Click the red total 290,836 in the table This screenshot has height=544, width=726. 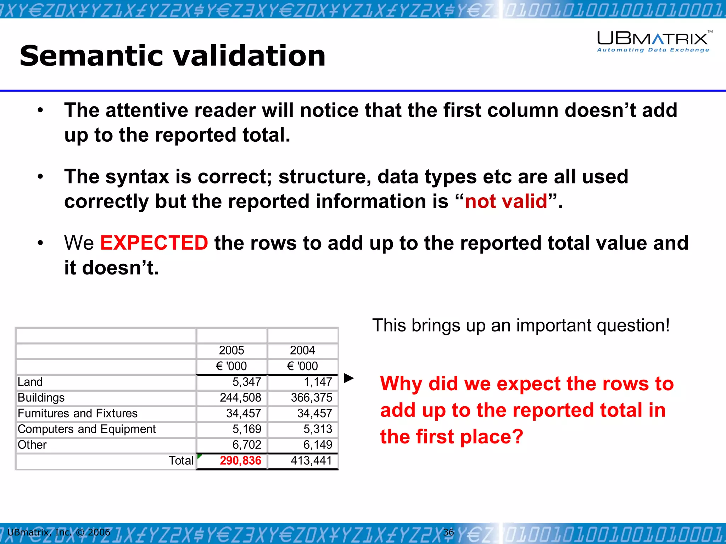240,460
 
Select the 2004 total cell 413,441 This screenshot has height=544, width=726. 311,460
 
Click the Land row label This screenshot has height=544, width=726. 30,382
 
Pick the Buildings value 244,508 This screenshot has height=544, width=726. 240,397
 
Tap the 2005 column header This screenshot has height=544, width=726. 231,350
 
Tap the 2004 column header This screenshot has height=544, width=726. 302,350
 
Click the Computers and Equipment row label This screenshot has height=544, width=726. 86,429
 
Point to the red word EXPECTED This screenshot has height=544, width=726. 154,243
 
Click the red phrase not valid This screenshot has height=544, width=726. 506,201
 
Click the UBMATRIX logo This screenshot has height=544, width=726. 652,38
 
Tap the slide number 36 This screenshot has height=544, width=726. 448,532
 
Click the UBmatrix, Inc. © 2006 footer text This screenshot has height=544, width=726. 59,532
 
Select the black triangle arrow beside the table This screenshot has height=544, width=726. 349,378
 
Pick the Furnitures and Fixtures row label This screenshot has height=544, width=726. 77,413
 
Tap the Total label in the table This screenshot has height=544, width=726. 181,460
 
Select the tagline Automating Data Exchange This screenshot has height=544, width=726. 653,50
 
